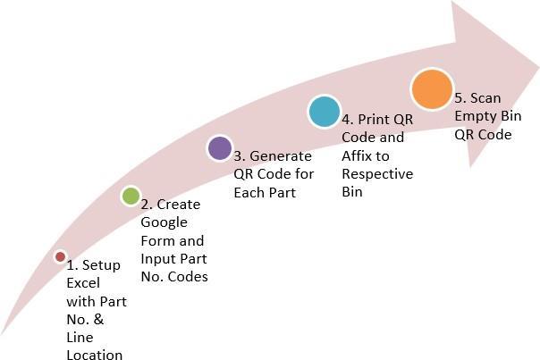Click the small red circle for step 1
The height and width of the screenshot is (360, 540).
point(60,256)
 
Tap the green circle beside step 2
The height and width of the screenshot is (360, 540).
point(131,197)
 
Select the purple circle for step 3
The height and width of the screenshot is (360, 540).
point(219,148)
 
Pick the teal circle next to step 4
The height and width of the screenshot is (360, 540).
point(324,111)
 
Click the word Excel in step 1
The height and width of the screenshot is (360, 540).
point(85,283)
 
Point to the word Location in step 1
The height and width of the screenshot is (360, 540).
point(94,355)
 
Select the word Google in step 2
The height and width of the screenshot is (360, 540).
point(164,222)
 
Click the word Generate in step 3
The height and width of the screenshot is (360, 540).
point(282,155)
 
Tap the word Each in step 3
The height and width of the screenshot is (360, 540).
point(247,191)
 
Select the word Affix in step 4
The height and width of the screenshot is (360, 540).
point(359,155)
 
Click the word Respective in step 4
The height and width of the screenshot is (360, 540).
point(377,173)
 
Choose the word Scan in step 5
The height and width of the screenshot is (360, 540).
point(487,98)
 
